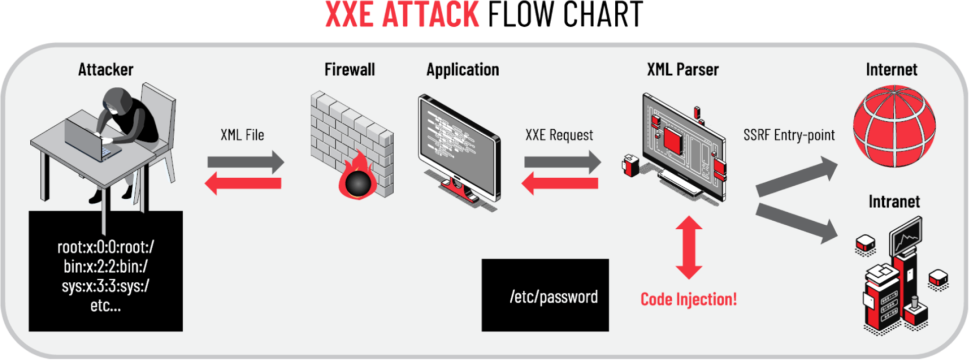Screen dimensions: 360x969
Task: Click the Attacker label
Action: coord(105,70)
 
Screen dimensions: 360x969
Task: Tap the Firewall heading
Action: coord(349,70)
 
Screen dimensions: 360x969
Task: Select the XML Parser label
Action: coord(682,70)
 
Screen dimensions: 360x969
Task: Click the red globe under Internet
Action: coord(894,126)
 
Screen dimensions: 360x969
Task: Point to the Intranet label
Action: coord(894,202)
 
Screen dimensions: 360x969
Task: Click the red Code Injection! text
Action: coord(688,299)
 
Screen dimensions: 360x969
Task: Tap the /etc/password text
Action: coord(554,297)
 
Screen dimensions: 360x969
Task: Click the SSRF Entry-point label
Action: coord(789,135)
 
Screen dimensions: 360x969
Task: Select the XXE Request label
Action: coord(559,135)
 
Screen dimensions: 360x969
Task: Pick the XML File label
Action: coord(242,135)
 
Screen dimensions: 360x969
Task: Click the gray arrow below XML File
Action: coord(246,162)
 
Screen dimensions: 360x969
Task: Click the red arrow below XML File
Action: coord(243,183)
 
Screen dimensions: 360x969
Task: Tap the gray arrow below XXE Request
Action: coord(562,162)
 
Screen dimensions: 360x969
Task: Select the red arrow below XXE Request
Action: coord(560,183)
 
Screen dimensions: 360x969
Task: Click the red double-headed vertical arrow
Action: coord(689,247)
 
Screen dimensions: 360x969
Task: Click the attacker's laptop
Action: coord(91,139)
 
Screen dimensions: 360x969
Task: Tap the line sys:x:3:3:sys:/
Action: coord(105,286)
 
